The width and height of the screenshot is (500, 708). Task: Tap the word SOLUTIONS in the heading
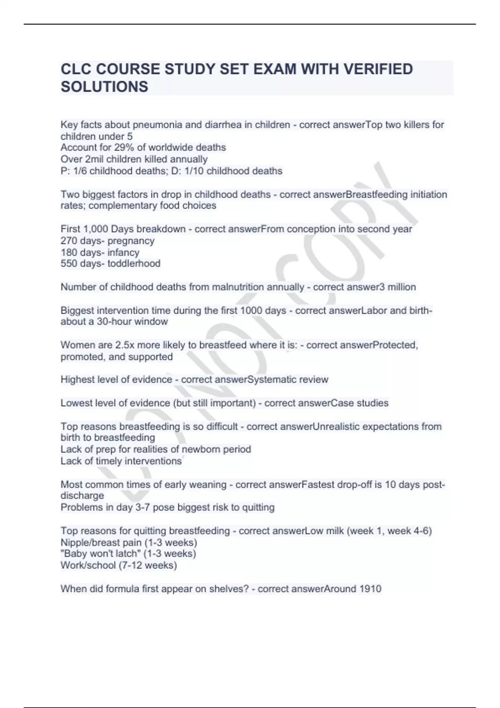(104, 87)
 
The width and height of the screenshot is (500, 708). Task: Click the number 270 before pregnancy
(69, 241)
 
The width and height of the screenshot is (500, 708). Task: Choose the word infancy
(123, 252)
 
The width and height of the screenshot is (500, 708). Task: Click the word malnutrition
(238, 287)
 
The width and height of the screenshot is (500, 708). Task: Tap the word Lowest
(76, 403)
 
